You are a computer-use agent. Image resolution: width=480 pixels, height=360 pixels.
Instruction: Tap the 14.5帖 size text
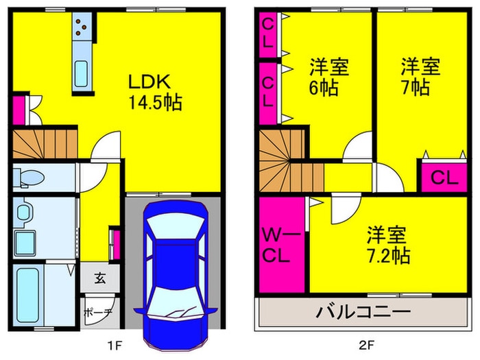pyautogui.click(x=154, y=104)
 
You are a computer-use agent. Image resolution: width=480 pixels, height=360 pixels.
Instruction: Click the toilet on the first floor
pyautogui.click(x=28, y=177)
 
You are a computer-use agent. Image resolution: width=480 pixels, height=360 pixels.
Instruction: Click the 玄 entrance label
pyautogui.click(x=99, y=278)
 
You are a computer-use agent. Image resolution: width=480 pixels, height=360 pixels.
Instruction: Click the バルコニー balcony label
pyautogui.click(x=363, y=313)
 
